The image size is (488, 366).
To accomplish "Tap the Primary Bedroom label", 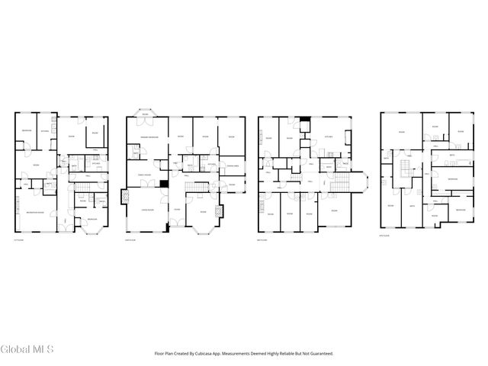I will point(148,137).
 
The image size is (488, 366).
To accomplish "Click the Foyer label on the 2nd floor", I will point(176,209).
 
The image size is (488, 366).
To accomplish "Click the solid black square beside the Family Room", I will point(164,184).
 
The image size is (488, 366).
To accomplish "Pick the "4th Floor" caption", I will point(385,236).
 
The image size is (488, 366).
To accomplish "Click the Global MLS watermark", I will point(27,350).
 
